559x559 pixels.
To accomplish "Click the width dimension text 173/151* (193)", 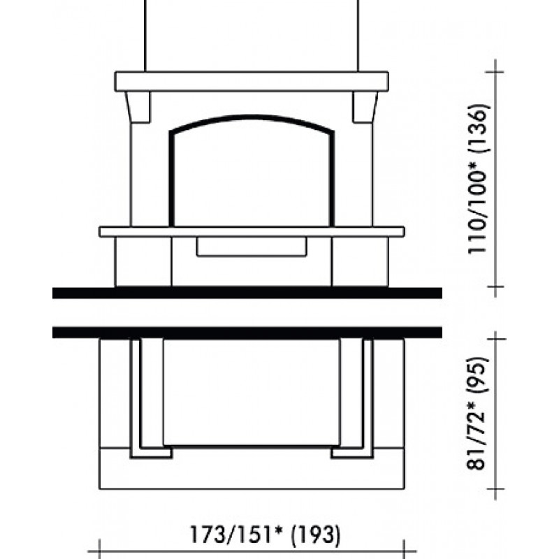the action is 266,535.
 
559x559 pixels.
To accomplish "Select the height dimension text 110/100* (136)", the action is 477,180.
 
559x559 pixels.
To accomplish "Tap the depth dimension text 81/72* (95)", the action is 477,413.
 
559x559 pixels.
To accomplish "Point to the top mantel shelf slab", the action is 252,82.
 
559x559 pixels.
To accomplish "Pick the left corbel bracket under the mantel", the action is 138,108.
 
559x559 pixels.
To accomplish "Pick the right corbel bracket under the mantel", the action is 365,108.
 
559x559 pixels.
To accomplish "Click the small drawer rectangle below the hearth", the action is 252,247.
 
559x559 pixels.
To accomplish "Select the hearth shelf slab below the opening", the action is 252,231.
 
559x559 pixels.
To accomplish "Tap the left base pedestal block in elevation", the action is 143,261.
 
